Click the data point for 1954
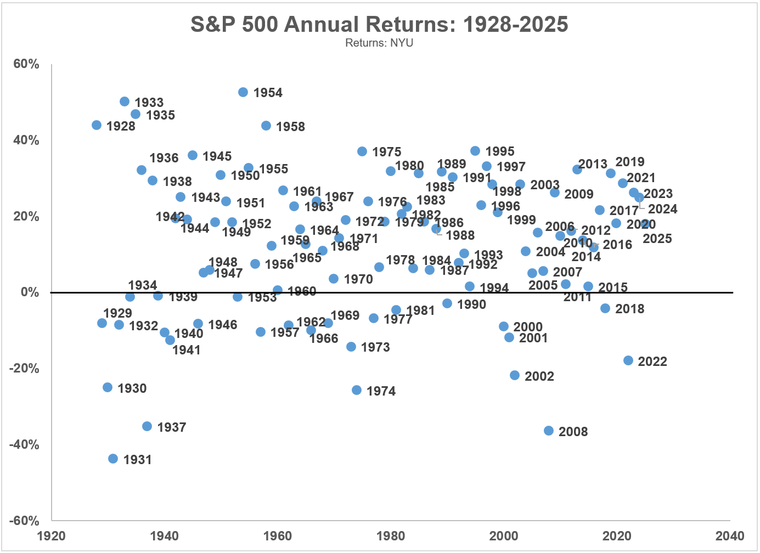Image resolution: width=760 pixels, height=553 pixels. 243,92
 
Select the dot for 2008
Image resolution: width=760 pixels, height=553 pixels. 549,431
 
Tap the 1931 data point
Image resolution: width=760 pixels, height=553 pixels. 113,459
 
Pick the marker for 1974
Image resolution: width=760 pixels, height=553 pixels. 357,390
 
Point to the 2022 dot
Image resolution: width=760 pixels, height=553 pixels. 628,360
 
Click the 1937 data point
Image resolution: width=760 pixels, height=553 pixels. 147,426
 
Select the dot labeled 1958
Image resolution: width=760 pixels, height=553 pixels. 266,126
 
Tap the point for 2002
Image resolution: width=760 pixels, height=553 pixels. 515,375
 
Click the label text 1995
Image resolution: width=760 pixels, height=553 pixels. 500,151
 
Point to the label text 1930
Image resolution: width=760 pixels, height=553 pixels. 132,388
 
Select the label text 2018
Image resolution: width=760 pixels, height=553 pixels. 629,309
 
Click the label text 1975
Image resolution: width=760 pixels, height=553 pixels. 386,152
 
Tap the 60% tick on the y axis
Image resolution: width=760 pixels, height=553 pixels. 26,64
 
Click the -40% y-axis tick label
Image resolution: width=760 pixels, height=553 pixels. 24,444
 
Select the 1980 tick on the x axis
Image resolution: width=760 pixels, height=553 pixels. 391,536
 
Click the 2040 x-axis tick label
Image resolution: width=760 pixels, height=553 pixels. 729,536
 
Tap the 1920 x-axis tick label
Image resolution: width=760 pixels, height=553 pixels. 52,536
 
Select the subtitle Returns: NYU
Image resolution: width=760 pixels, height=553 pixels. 379,43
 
